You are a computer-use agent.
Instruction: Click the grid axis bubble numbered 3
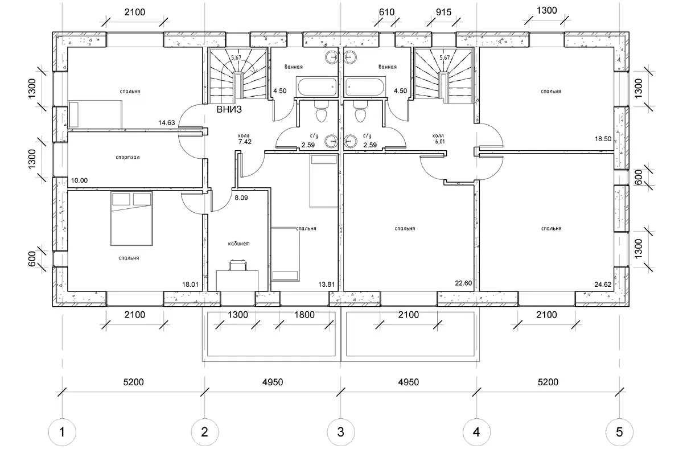coord(340,432)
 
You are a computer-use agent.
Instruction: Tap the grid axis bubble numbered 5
coord(619,432)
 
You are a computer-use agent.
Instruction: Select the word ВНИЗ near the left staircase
coord(229,109)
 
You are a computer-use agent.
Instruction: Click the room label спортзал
coord(127,157)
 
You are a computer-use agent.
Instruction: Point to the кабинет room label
coord(238,244)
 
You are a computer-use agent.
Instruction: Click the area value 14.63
coord(167,122)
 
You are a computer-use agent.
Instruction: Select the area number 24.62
coord(603,285)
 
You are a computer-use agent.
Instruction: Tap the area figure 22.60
coord(463,283)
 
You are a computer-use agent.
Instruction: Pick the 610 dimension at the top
coord(386,12)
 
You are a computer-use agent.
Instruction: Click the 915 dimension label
coord(443,12)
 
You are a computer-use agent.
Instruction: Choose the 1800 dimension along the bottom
coord(305,315)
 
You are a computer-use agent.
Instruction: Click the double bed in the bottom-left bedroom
coord(131,219)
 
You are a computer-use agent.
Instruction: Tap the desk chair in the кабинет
coord(238,265)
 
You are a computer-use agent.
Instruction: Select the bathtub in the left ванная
coord(317,87)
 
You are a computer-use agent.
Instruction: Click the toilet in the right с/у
coord(360,112)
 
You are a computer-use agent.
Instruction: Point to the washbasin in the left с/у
coord(331,142)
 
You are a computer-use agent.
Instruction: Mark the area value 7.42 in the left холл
coord(245,142)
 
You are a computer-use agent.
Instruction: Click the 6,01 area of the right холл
coord(439,142)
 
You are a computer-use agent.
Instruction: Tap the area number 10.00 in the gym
coord(79,180)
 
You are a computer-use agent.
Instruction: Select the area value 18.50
coord(603,139)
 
